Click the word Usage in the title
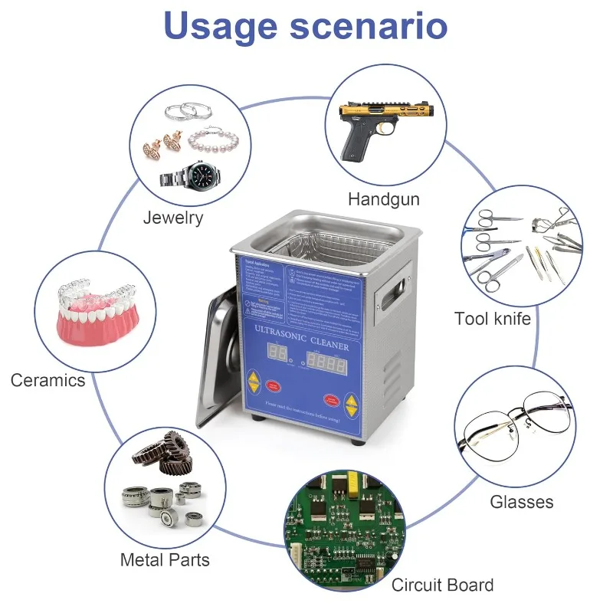[x=220, y=25]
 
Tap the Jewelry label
[x=173, y=218]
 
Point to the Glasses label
[x=521, y=503]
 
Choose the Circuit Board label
[x=442, y=585]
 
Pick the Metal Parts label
[x=165, y=560]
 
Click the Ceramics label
[x=48, y=380]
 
